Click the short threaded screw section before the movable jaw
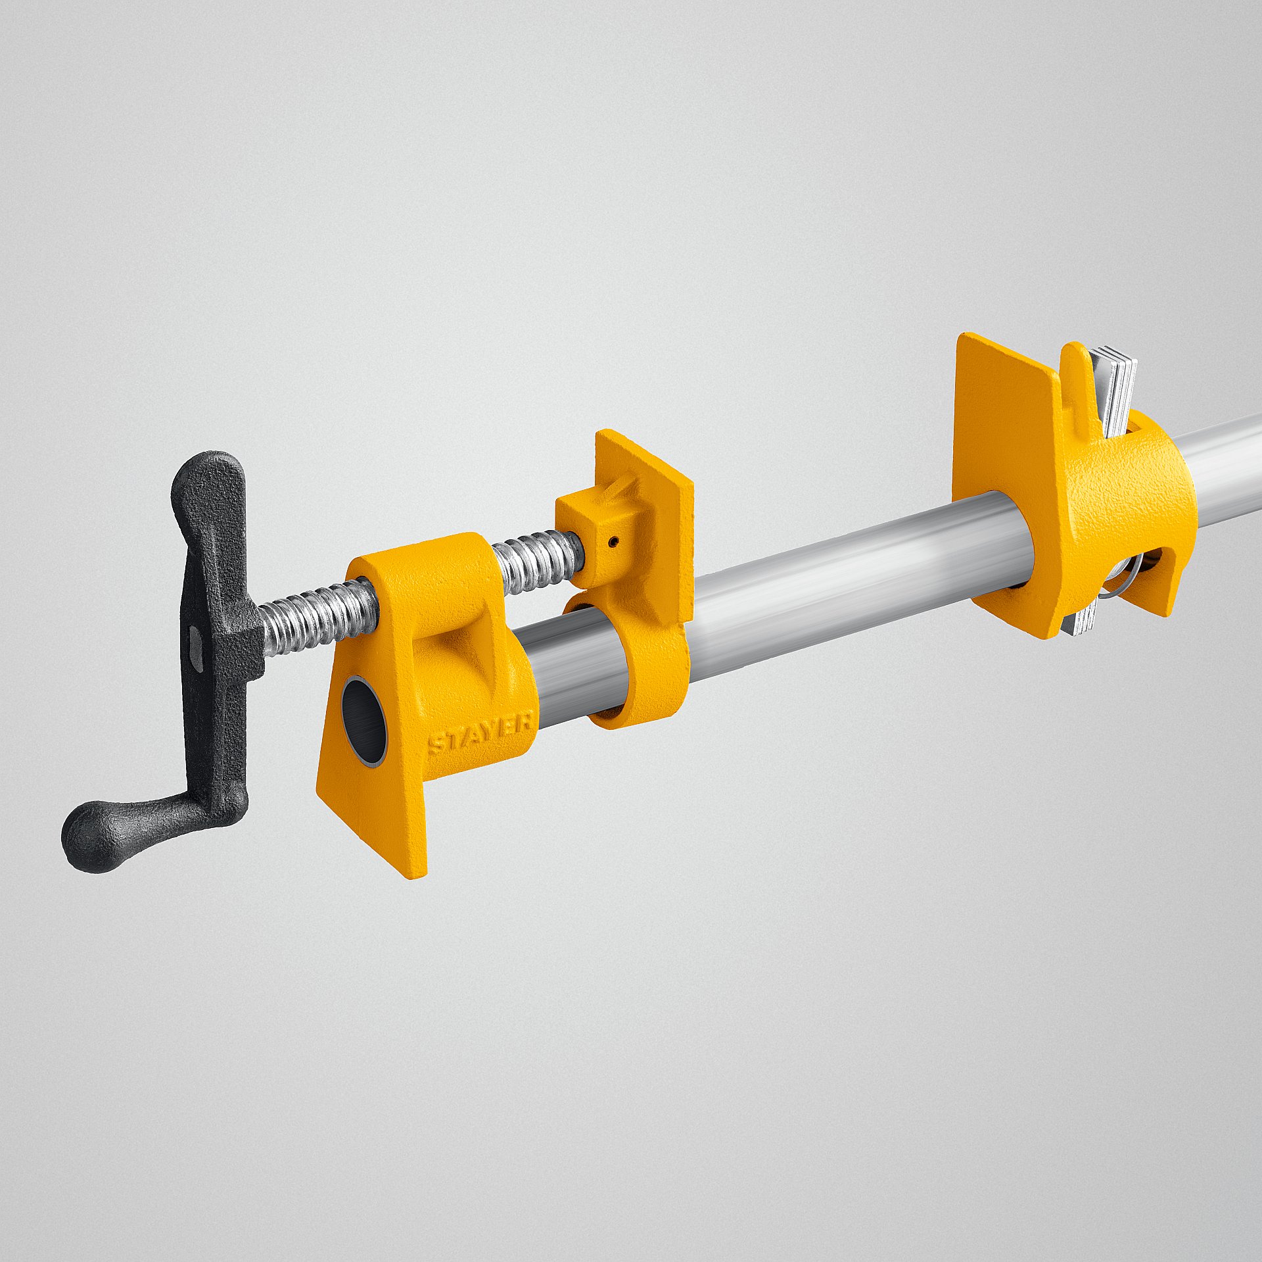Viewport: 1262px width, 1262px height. tap(536, 560)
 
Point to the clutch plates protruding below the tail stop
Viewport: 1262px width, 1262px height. tap(1081, 621)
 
